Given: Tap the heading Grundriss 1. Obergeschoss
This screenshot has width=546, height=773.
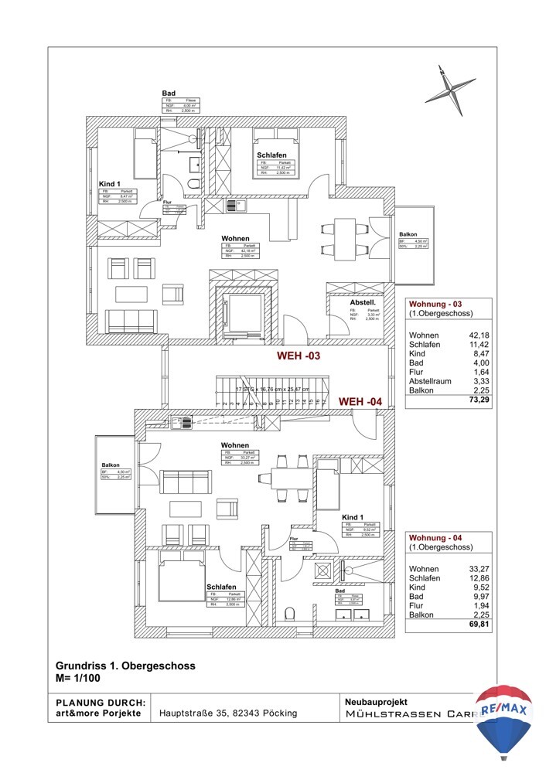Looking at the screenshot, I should click(x=125, y=665).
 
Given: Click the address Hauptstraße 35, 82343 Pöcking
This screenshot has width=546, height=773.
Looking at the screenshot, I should click(x=229, y=713).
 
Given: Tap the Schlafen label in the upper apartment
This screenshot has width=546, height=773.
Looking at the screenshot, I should click(x=272, y=155).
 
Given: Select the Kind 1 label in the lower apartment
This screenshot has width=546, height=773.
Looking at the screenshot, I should click(x=353, y=517).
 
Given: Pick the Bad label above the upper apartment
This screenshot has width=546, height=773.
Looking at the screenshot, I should click(x=168, y=93).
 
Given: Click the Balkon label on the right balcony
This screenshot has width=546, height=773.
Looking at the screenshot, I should click(x=408, y=234).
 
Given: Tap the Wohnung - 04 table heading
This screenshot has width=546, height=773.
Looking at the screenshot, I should click(x=439, y=537).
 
